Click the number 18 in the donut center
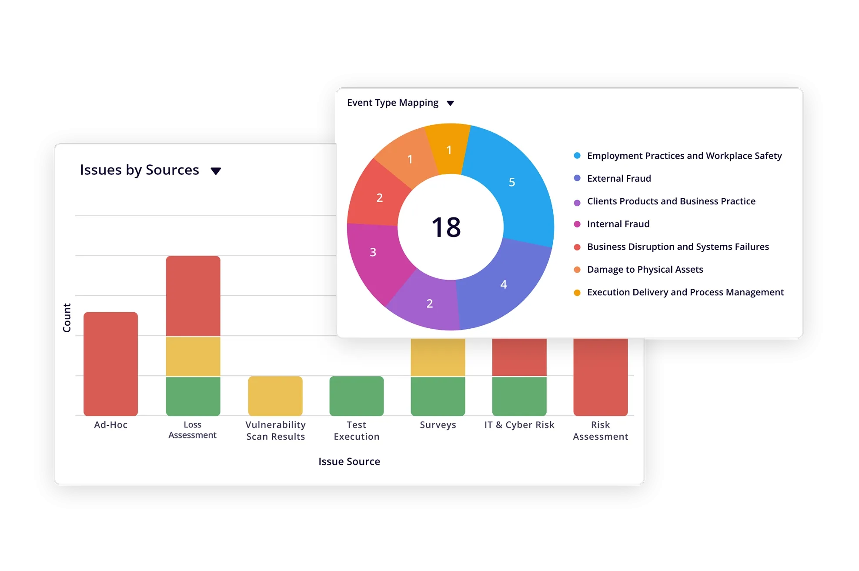(446, 227)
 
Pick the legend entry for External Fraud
(618, 178)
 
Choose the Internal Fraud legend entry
(618, 224)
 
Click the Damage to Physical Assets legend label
(645, 269)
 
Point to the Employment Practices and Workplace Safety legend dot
(577, 156)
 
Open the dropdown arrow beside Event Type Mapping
(450, 103)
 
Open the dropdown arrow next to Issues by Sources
(216, 171)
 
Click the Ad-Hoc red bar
(110, 364)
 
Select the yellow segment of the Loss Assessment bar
(193, 356)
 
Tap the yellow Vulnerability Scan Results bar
(275, 396)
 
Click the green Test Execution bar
(357, 396)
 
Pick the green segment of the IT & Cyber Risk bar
(519, 396)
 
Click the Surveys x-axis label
(438, 425)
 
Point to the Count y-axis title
(67, 318)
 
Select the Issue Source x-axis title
(349, 461)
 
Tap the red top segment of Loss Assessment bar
(193, 296)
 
